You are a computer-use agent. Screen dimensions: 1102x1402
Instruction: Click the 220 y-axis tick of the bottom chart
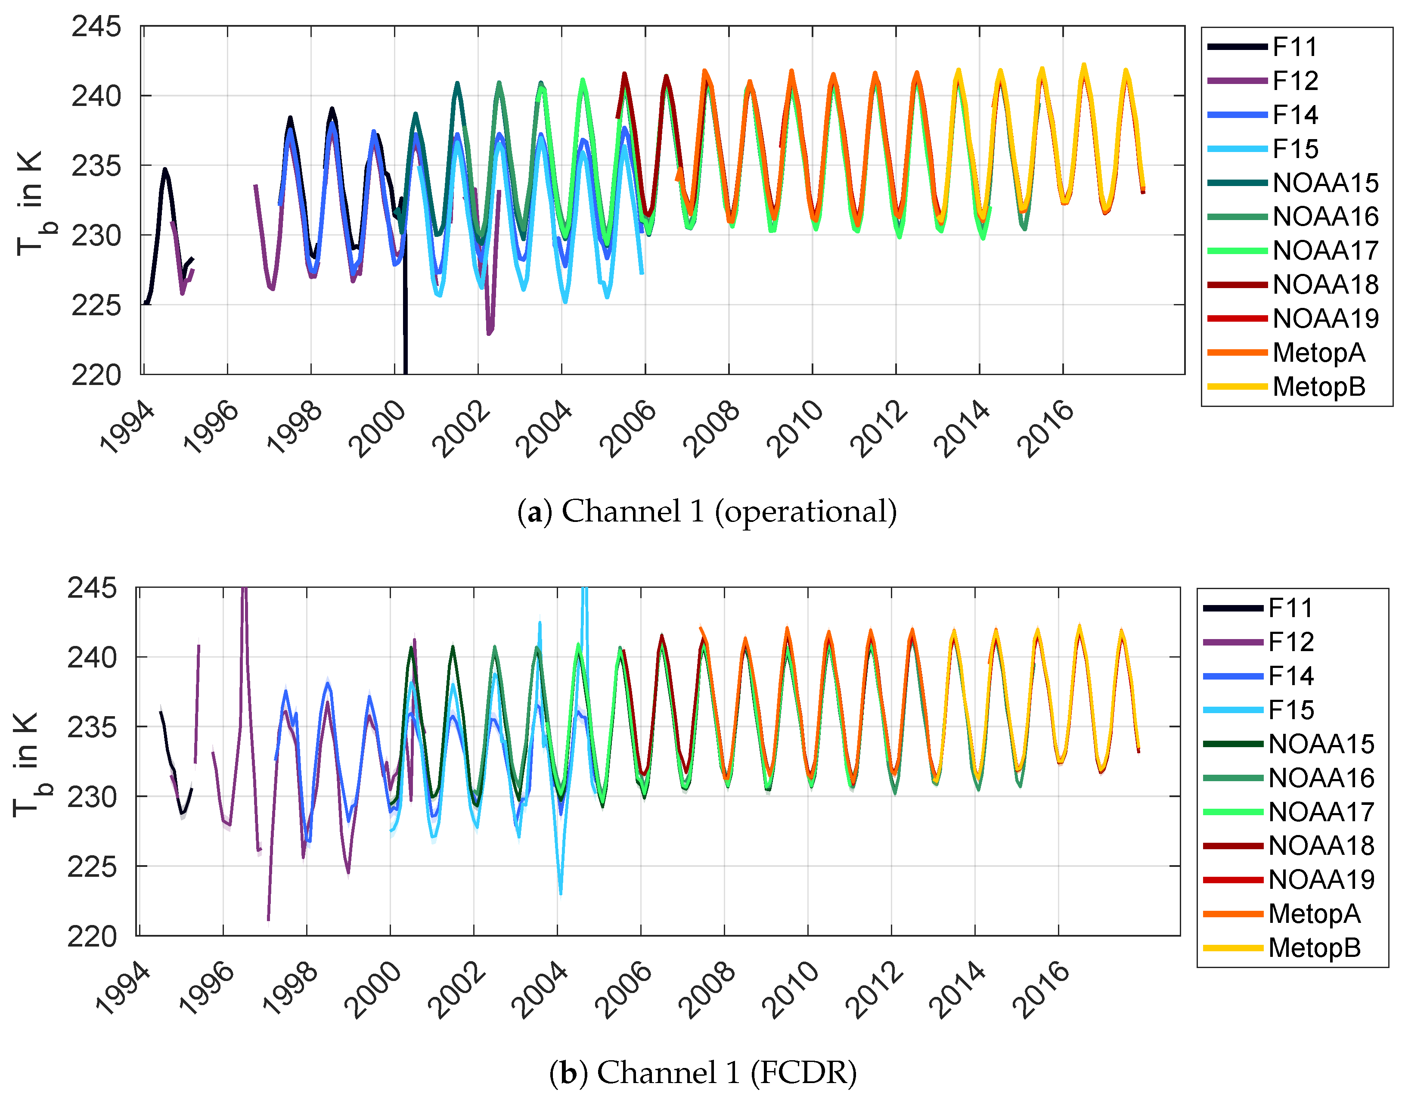tap(92, 936)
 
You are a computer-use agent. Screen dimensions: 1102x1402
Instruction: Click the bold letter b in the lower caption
tap(568, 1073)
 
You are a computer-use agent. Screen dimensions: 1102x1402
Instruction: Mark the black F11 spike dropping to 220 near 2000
tap(405, 335)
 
